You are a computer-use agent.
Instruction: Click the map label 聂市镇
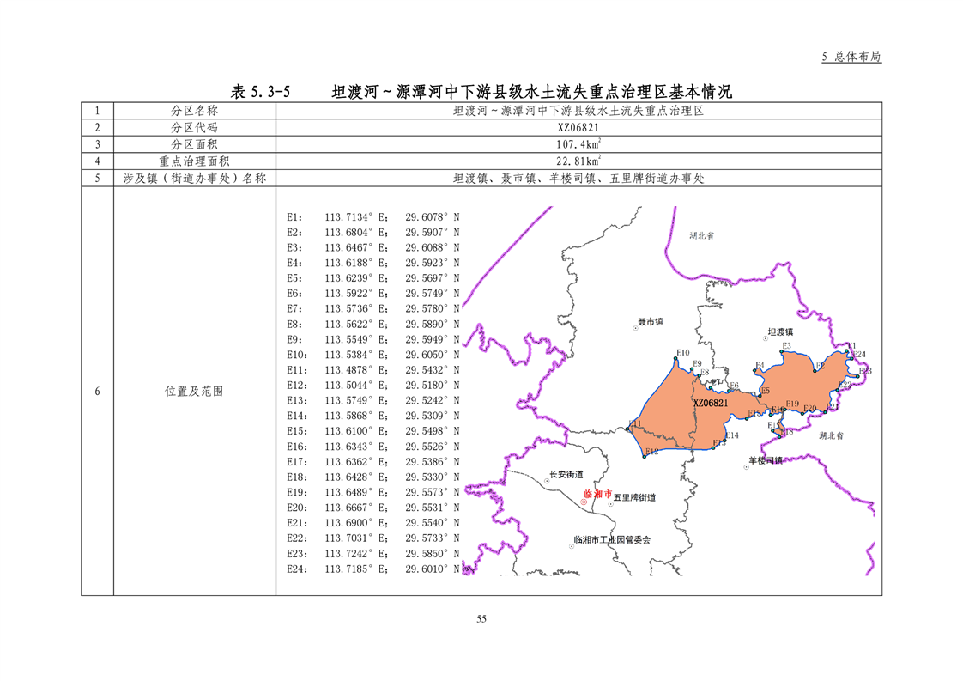pyautogui.click(x=650, y=322)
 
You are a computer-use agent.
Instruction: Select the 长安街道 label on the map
pyautogui.click(x=566, y=475)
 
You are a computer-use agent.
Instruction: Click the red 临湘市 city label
pyautogui.click(x=597, y=495)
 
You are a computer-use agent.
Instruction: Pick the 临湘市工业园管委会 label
pyautogui.click(x=612, y=540)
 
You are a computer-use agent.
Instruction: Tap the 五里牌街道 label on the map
pyautogui.click(x=634, y=497)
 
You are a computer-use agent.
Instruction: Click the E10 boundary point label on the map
pyautogui.click(x=683, y=353)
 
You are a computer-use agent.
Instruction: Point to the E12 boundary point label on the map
pyautogui.click(x=651, y=452)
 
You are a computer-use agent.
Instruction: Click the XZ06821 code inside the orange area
pyautogui.click(x=711, y=403)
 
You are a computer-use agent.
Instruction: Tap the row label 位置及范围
pyautogui.click(x=194, y=391)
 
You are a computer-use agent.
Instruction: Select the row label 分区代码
pyautogui.click(x=194, y=127)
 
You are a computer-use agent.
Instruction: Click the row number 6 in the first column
pyautogui.click(x=97, y=391)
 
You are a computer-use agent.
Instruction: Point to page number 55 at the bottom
pyautogui.click(x=481, y=619)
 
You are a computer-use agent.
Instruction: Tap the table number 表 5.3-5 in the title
pyautogui.click(x=261, y=91)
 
